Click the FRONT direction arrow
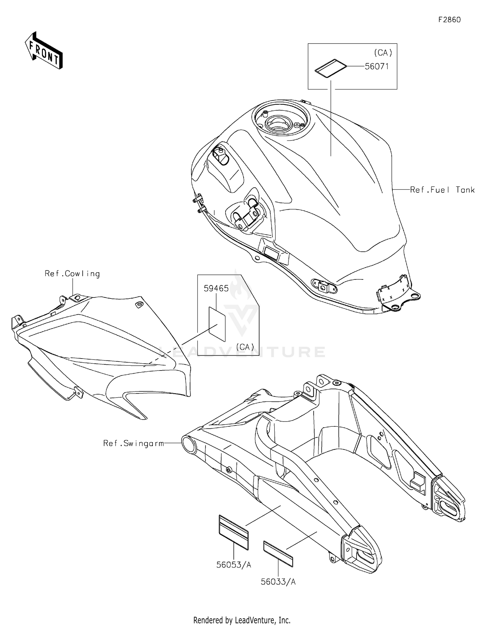pyautogui.click(x=44, y=51)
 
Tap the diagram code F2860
pyautogui.click(x=449, y=20)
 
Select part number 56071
pyautogui.click(x=377, y=67)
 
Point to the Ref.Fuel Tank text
pyautogui.click(x=442, y=190)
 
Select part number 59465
pyautogui.click(x=216, y=288)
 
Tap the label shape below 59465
pyautogui.click(x=217, y=324)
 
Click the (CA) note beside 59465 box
pyautogui.click(x=245, y=347)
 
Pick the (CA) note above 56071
pyautogui.click(x=383, y=52)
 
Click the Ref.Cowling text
pyautogui.click(x=72, y=274)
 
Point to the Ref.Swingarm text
pyautogui.click(x=133, y=443)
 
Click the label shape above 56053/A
pyautogui.click(x=234, y=532)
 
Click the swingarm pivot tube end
pyautogui.click(x=189, y=444)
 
